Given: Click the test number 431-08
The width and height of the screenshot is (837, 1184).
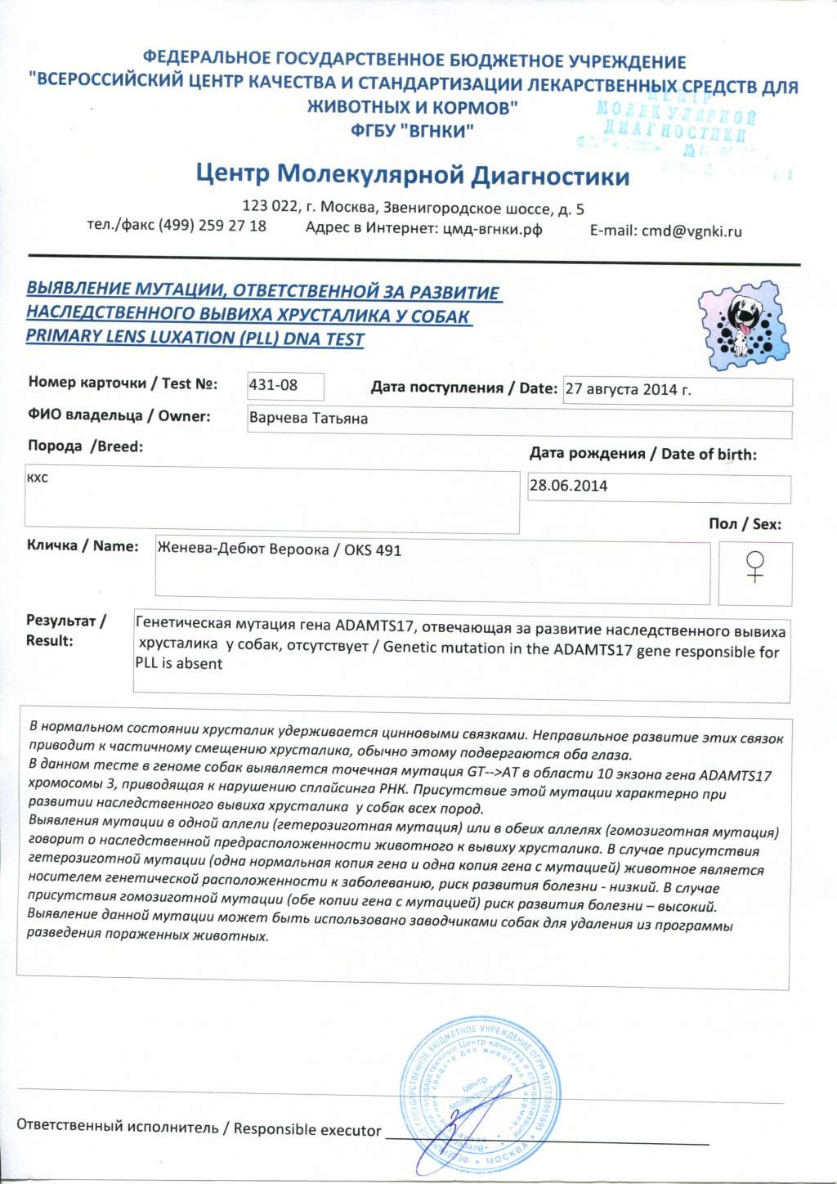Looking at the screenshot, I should [x=274, y=385].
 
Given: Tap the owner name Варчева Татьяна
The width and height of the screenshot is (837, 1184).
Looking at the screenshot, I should [x=308, y=419].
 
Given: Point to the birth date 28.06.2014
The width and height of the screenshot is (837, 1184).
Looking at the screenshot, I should [x=568, y=486].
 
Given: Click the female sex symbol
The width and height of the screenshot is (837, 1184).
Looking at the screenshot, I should [x=755, y=567].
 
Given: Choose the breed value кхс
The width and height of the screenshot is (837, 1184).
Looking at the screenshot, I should [x=38, y=478].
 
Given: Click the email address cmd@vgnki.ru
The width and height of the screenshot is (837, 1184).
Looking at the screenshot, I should [x=692, y=231].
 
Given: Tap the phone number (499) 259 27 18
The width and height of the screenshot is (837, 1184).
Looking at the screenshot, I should [x=212, y=226].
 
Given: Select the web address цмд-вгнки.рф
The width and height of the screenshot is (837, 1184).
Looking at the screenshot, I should [x=493, y=229].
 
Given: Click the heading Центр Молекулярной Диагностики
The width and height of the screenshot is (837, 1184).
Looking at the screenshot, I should [x=412, y=174].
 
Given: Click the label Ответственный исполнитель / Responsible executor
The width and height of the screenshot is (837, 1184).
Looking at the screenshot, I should [x=199, y=1128].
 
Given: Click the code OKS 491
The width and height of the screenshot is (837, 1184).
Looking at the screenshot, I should [x=373, y=550].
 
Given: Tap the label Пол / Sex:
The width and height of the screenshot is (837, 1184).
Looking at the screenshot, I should [x=745, y=523].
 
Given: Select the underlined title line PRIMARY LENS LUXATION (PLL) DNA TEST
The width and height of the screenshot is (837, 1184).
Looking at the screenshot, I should [x=195, y=337].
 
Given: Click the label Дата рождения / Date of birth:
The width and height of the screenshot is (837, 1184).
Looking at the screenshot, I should [x=642, y=454].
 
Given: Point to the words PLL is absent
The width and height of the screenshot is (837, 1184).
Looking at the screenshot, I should [x=179, y=664].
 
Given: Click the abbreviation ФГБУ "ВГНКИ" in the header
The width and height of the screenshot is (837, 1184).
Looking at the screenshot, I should [x=412, y=130].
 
